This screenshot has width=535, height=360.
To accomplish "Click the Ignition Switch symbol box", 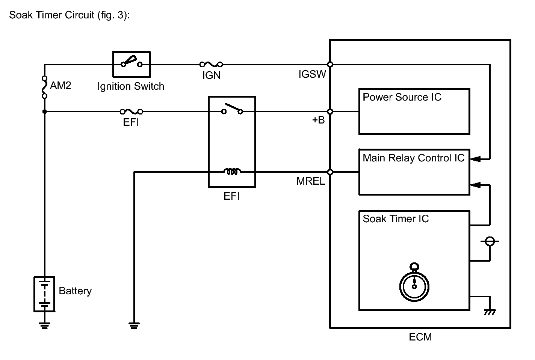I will coord(131,64).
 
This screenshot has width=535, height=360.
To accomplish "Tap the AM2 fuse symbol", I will coord(44,87).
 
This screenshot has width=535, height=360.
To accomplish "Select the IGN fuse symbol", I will coord(211,64).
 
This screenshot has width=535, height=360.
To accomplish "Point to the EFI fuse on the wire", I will coord(131,111).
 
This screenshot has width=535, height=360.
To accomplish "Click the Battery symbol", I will coord(44,294).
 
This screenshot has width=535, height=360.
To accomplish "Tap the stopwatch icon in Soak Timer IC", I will coord(414,285).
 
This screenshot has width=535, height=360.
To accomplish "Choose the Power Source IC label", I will coord(402,97).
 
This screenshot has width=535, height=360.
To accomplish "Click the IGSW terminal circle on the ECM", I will coord(330,65).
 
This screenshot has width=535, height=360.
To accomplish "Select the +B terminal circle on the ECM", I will coord(330,111).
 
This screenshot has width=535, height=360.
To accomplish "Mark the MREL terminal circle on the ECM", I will coord(330,172).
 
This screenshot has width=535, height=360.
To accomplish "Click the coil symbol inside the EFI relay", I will coord(232,172).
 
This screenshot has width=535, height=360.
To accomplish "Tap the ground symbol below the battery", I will coord(44,325).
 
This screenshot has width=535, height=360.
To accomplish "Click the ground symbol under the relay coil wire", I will coord(134,325).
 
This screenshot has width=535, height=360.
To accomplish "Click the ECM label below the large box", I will coord(420,337).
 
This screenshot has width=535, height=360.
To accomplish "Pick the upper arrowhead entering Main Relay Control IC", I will coord(475,159).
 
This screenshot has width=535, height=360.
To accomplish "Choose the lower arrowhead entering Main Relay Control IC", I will coord(475,184).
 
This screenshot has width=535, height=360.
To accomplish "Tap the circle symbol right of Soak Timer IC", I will coord(490,241).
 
